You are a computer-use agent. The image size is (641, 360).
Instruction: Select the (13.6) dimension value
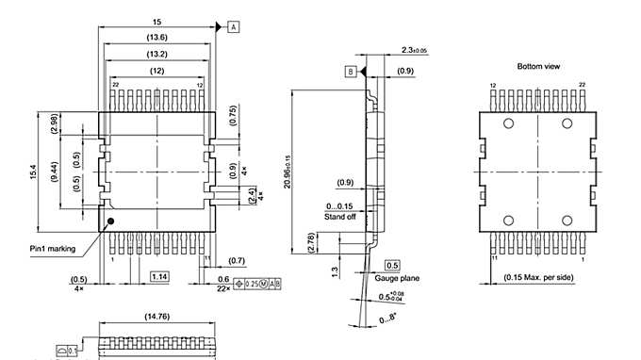coord(156,37)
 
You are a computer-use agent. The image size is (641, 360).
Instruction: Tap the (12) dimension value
coord(156,71)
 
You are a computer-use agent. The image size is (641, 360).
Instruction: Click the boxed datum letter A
coord(233,27)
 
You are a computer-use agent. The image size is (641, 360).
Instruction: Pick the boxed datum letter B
coord(350,72)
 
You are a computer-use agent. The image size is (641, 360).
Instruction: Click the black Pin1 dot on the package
coord(111,221)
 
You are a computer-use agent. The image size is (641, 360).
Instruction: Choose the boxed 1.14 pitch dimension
coord(159,276)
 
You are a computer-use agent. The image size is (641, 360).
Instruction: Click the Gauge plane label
coord(396,278)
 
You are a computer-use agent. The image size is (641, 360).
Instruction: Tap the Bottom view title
coord(537,67)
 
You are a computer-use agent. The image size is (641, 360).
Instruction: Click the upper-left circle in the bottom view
coord(508,124)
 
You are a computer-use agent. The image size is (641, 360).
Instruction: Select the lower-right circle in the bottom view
coord(567,220)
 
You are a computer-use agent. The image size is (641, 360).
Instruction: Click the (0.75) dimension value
coord(233,114)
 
